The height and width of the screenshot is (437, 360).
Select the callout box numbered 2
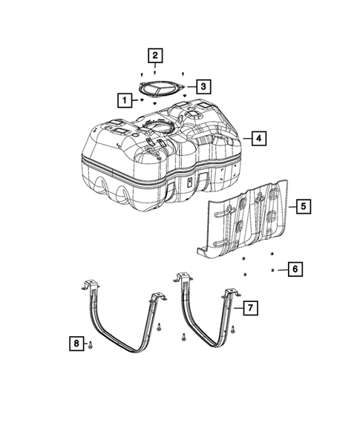tap(154, 55)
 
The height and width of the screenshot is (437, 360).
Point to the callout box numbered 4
tap(258, 138)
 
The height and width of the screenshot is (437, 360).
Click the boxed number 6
tap(295, 269)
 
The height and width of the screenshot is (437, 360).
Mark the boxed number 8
tap(75, 343)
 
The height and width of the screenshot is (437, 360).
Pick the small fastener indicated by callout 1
tap(141, 99)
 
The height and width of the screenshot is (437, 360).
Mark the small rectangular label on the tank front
tap(189, 180)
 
